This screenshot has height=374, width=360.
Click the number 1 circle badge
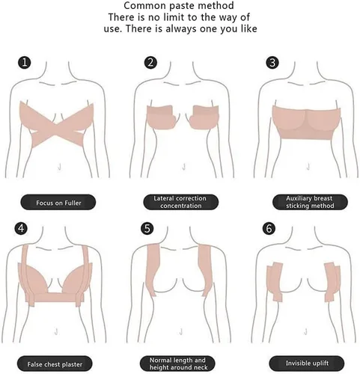tap(24, 63)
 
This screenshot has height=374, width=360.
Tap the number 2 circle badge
tap(150, 63)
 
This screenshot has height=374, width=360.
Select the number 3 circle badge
tap(272, 63)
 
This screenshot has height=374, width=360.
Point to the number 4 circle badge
tap(21, 228)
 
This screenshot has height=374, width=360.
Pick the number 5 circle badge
tap(147, 228)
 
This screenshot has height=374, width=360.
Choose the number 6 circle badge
tap(269, 228)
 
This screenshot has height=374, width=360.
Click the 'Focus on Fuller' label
tap(58, 203)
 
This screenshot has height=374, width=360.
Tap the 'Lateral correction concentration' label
tap(180, 202)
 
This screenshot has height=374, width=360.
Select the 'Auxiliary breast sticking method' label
tap(310, 202)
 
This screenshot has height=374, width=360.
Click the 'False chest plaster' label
tap(55, 364)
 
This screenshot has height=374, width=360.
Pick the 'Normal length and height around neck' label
tap(177, 364)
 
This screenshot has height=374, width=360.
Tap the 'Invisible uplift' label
tap(307, 364)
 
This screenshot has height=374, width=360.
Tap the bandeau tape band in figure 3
tap(306, 123)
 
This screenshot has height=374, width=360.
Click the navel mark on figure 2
tap(184, 167)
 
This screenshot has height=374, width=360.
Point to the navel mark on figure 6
tap(305, 331)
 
